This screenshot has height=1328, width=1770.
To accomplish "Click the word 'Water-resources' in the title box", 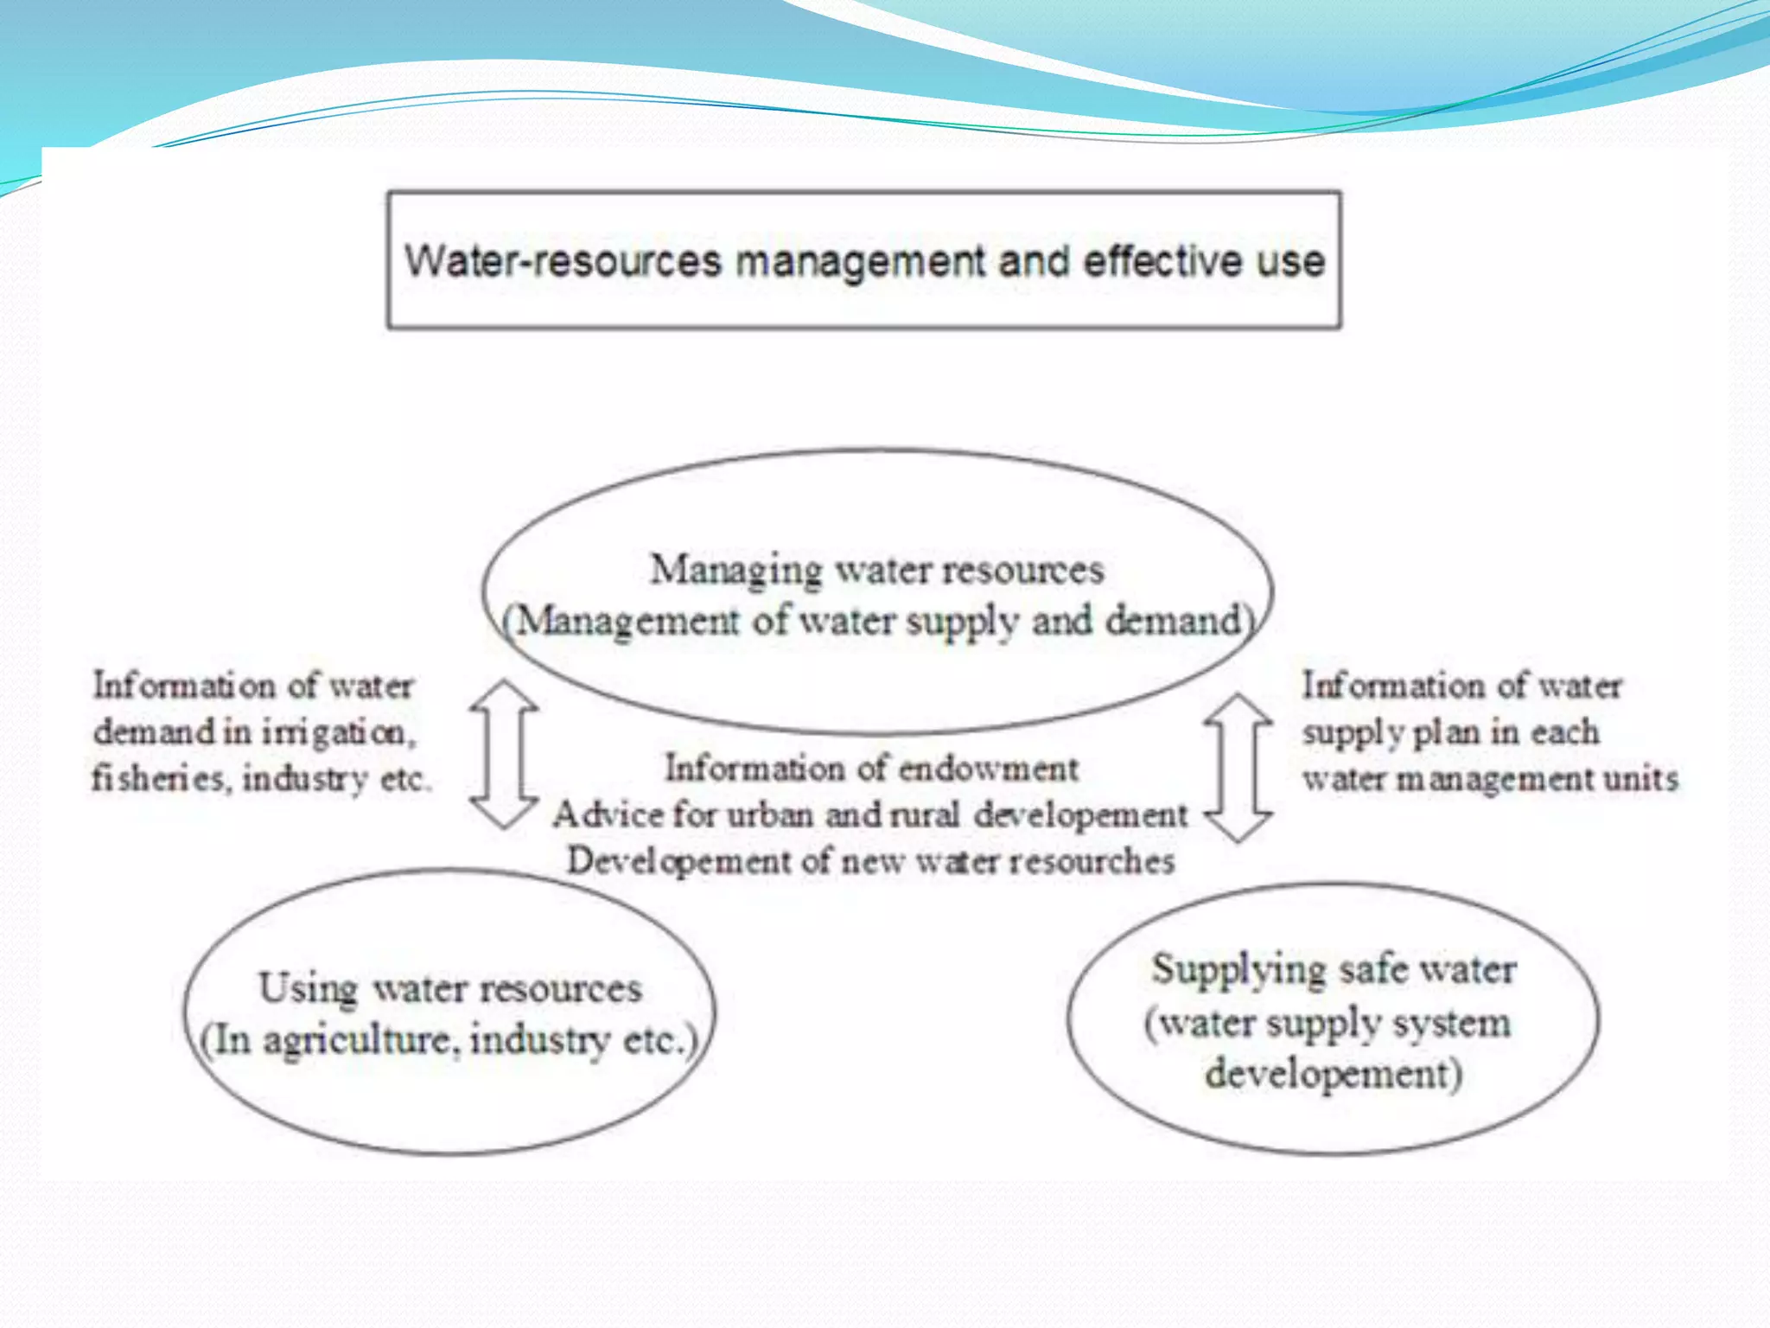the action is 563,260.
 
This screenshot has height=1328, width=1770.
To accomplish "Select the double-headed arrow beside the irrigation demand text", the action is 504,754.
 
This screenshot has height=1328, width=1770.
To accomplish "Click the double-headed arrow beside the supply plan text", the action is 1238,768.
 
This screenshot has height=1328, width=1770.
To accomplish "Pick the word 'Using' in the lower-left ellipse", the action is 308,988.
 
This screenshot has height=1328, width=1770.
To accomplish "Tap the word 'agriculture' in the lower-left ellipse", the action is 357,1040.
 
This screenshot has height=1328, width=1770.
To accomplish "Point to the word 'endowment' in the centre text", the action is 985,769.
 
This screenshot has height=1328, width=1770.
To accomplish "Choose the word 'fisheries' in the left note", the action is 161,779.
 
